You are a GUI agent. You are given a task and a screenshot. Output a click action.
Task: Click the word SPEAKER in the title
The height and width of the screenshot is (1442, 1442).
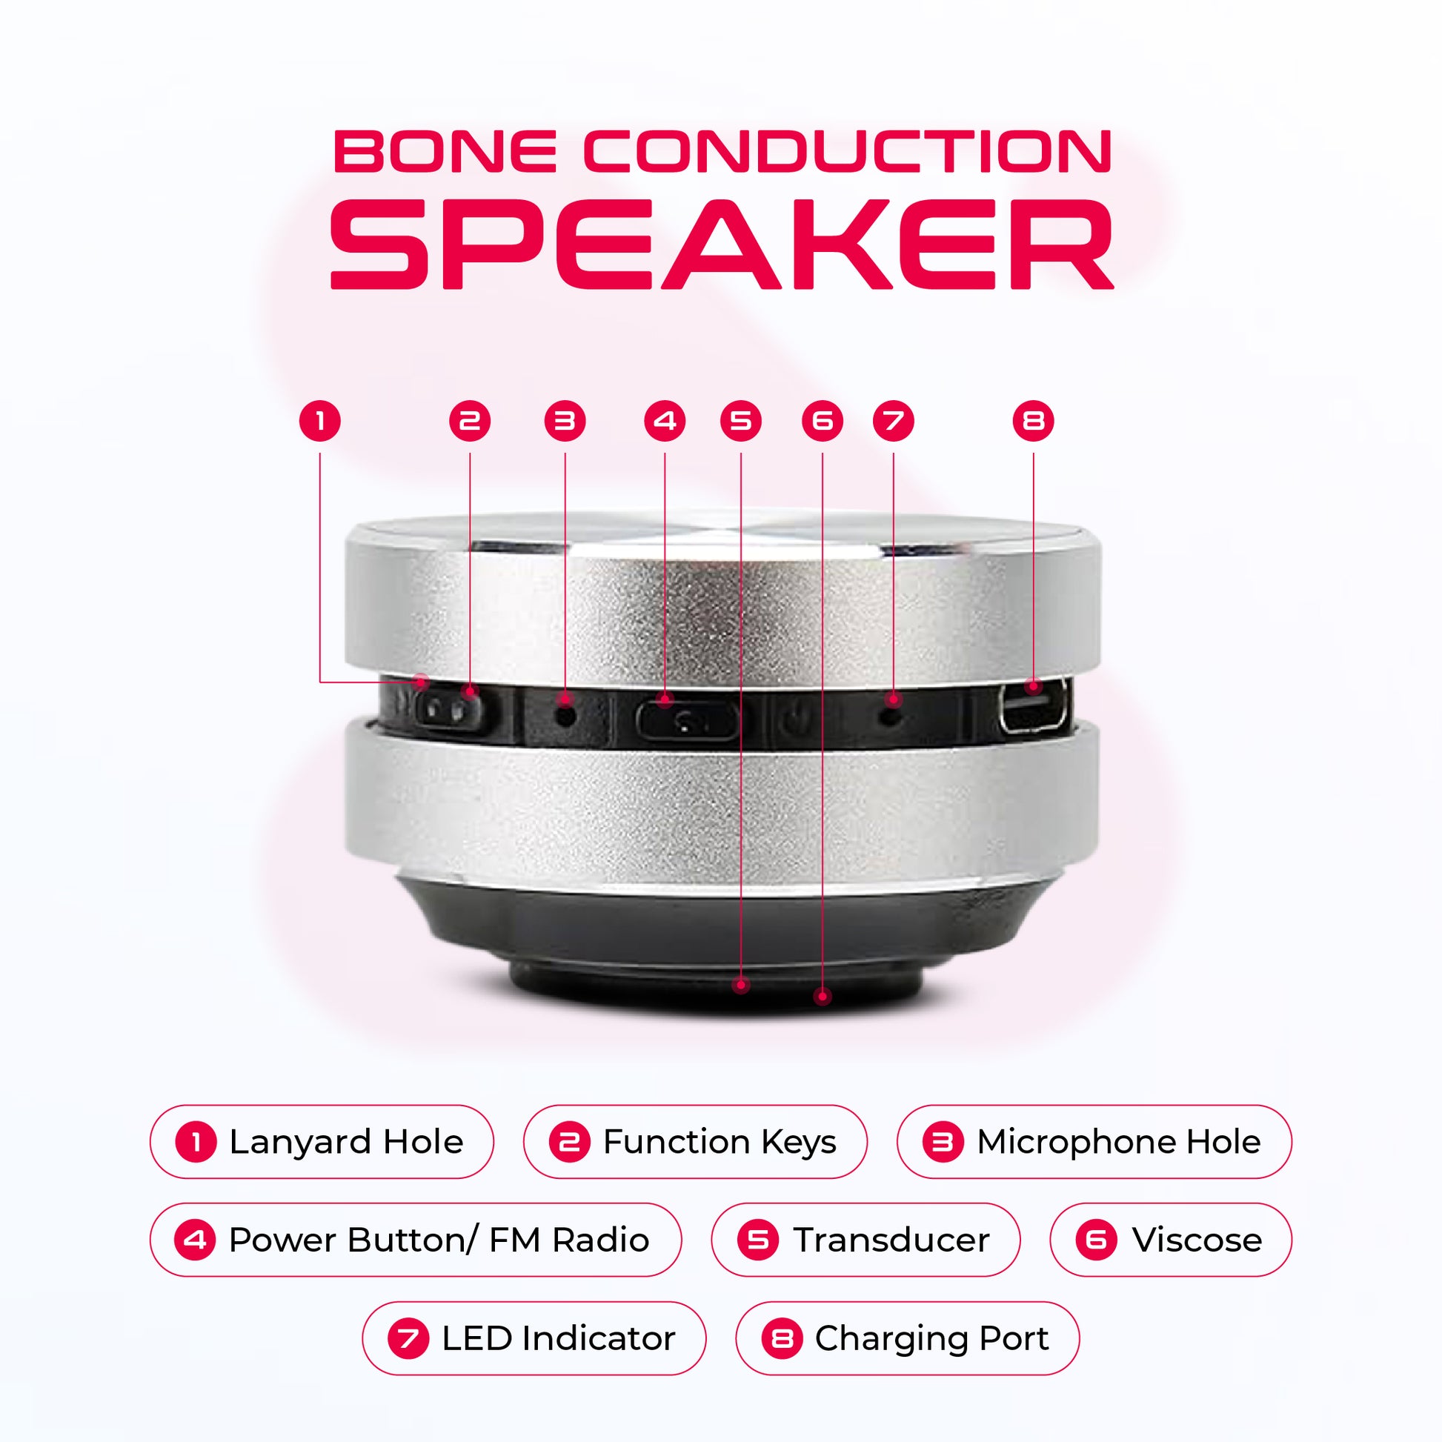(x=722, y=244)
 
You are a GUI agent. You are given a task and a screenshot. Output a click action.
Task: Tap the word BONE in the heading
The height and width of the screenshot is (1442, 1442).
(x=445, y=151)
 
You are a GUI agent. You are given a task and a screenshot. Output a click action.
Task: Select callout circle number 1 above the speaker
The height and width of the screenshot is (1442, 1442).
(x=320, y=421)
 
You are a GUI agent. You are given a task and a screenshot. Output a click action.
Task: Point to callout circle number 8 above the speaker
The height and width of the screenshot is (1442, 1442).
(x=1033, y=421)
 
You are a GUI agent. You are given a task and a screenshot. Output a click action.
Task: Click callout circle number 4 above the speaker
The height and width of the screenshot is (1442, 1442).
(x=664, y=421)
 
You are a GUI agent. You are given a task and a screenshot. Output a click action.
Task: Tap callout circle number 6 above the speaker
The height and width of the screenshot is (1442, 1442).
(x=823, y=421)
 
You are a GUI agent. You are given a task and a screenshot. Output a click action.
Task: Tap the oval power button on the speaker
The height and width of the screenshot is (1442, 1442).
(x=688, y=719)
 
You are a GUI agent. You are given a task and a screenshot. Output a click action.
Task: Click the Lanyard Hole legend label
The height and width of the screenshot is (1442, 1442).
(x=322, y=1142)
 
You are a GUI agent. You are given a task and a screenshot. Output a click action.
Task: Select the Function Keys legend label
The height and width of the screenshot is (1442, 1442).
(x=696, y=1142)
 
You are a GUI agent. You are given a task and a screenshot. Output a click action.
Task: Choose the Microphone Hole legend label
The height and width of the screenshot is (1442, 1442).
(x=1094, y=1142)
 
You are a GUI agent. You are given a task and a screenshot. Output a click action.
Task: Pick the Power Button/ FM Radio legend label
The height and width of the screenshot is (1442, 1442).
(x=416, y=1240)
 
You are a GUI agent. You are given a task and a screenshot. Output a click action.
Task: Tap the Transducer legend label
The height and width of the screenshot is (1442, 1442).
(x=865, y=1240)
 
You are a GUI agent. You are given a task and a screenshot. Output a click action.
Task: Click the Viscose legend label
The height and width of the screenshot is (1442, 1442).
(x=1170, y=1240)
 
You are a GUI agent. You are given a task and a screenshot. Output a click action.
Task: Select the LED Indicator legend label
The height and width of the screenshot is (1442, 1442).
(x=534, y=1338)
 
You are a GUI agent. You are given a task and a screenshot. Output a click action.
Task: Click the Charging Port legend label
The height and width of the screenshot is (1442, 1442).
(x=908, y=1338)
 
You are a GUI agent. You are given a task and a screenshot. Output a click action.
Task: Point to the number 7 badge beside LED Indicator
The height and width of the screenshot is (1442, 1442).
(x=408, y=1338)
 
